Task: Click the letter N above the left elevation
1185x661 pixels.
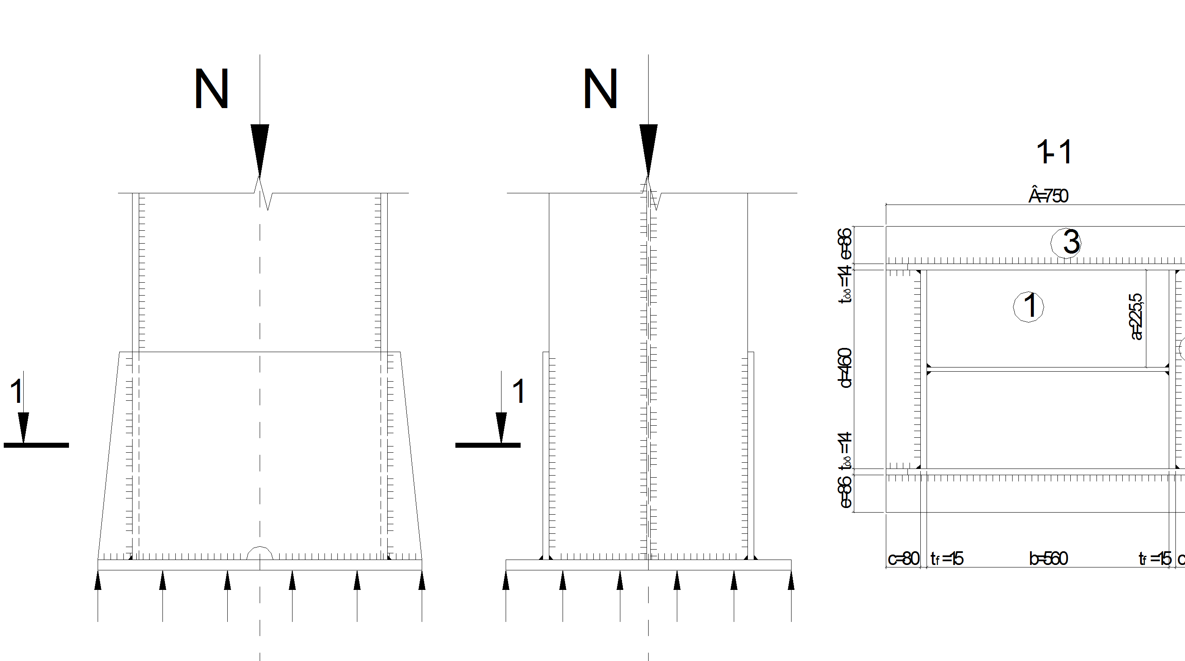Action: (x=211, y=89)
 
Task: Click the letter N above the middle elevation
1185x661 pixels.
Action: (x=600, y=89)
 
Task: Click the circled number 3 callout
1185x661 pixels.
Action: (x=1066, y=243)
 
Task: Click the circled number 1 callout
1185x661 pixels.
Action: (x=1029, y=306)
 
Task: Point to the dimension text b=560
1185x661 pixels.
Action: (x=1048, y=559)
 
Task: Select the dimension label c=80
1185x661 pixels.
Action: (x=903, y=559)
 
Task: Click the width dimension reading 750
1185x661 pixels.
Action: (x=1048, y=196)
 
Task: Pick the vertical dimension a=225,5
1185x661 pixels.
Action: (x=1136, y=317)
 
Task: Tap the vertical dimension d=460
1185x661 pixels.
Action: (x=846, y=368)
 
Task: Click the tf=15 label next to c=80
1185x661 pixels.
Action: (x=947, y=559)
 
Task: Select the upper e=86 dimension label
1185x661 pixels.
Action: (x=846, y=244)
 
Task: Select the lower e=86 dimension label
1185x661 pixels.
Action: (x=846, y=492)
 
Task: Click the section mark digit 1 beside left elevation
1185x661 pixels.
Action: (x=16, y=392)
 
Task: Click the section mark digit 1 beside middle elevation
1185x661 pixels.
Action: (x=519, y=392)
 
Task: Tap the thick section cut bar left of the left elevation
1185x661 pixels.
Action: (x=36, y=445)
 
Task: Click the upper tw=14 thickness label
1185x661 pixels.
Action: (x=846, y=284)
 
